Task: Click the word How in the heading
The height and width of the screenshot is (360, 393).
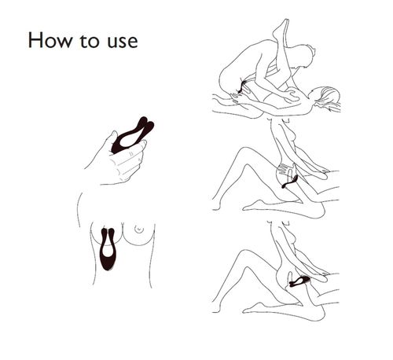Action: [50, 40]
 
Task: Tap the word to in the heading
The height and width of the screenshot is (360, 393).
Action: [89, 42]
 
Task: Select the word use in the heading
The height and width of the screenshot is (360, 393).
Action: [123, 42]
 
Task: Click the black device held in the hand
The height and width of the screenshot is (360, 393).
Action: [132, 135]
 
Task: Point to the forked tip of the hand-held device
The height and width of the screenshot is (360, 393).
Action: [146, 124]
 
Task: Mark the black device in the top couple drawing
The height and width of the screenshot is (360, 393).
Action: [241, 86]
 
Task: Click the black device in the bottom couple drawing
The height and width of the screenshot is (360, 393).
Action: [299, 281]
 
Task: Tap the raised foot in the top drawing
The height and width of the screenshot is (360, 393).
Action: [281, 28]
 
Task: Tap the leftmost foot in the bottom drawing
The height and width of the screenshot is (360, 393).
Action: [216, 310]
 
